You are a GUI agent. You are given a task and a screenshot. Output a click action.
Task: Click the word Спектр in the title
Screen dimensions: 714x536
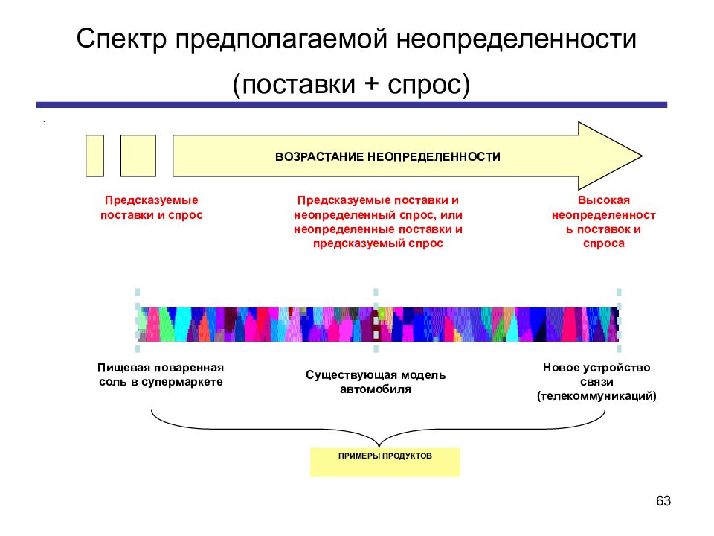coord(121,39)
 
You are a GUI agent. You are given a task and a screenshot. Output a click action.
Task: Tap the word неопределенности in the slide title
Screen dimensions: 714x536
coord(516,39)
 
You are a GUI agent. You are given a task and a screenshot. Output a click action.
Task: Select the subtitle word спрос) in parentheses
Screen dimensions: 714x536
coord(428,85)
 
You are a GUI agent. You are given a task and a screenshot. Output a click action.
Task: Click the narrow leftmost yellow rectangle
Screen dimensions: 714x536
coord(94,156)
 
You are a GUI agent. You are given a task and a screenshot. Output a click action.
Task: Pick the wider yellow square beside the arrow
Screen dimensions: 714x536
coord(138,156)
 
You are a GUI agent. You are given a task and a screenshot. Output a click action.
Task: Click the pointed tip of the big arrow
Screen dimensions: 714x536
coord(642,156)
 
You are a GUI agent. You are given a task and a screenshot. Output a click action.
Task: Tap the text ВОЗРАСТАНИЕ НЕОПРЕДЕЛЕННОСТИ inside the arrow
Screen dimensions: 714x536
coord(387,157)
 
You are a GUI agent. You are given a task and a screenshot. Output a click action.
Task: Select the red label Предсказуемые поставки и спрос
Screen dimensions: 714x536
coord(152,208)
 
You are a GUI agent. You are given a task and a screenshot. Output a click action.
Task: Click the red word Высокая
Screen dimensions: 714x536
coord(604,200)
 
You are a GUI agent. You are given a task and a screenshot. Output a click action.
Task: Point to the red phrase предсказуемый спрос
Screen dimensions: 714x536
coord(378,243)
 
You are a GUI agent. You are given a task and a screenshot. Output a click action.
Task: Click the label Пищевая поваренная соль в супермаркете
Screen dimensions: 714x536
coord(161,374)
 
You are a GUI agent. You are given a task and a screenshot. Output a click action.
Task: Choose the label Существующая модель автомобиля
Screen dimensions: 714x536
coord(376,382)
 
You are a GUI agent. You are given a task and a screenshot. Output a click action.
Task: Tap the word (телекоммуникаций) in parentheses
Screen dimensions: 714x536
coord(596,396)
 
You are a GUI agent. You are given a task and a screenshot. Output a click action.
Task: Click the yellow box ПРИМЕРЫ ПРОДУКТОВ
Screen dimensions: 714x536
coord(385,462)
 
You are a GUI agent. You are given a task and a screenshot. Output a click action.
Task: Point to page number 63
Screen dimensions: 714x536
coord(663,501)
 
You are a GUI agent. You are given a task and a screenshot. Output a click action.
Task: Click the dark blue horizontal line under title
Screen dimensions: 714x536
coord(352,105)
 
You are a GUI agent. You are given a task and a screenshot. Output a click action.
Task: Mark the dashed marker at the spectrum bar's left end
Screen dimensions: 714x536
coord(138,320)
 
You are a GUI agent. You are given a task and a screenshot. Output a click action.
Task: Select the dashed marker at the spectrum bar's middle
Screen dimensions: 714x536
coord(376,320)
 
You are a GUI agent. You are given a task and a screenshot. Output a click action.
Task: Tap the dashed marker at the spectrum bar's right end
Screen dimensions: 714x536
coord(619,320)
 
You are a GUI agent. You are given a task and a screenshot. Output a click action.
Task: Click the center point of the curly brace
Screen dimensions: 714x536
coord(379,446)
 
